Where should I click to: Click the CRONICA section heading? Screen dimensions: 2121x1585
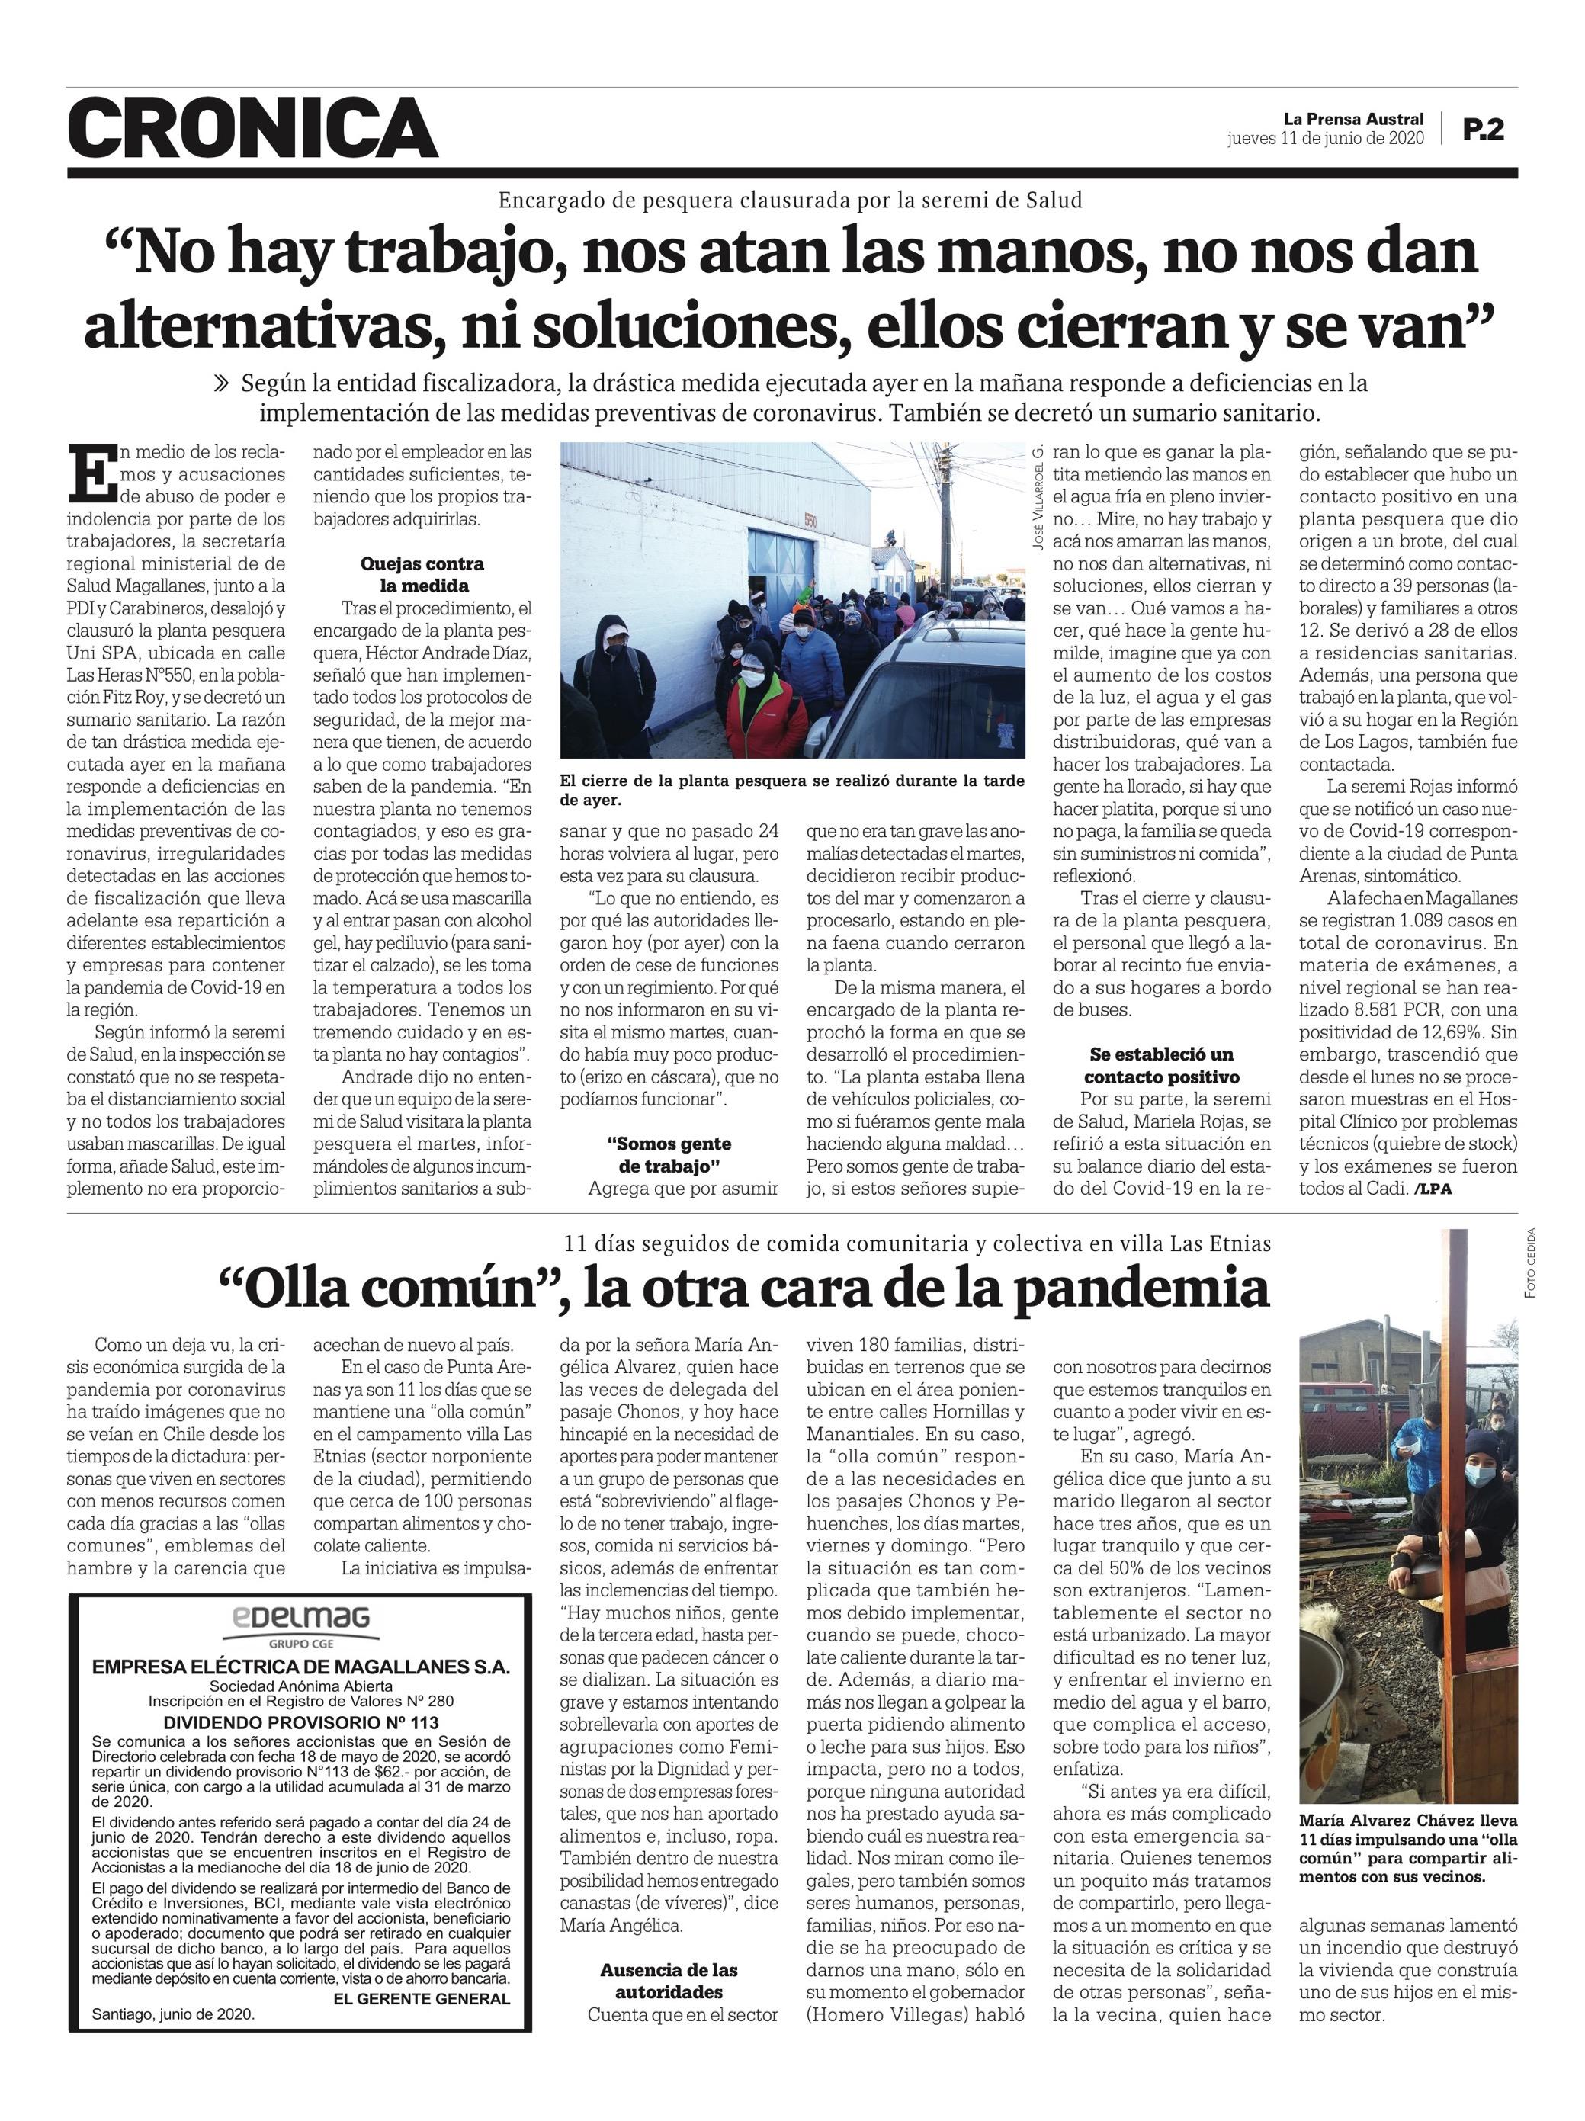pyautogui.click(x=253, y=127)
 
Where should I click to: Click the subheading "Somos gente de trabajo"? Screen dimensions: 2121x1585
pyautogui.click(x=669, y=1154)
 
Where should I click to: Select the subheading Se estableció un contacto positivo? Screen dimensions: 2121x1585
pyautogui.click(x=1161, y=1065)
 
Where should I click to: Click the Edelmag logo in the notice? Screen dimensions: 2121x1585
pyautogui.click(x=300, y=1619)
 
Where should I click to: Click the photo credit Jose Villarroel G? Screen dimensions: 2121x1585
pyautogui.click(x=1038, y=496)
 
